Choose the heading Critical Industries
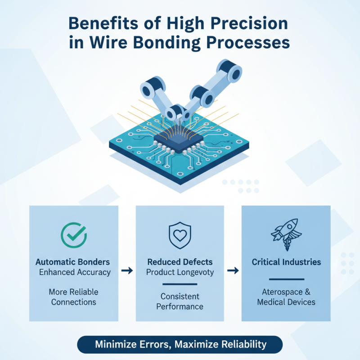coord(286,261)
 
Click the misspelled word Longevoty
coord(197,272)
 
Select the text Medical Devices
coord(286,302)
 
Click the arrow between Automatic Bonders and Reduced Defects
coord(127,270)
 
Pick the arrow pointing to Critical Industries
coord(233,270)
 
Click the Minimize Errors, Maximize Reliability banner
coord(180,345)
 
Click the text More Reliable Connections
coord(74,297)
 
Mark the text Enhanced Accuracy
coord(75,272)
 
